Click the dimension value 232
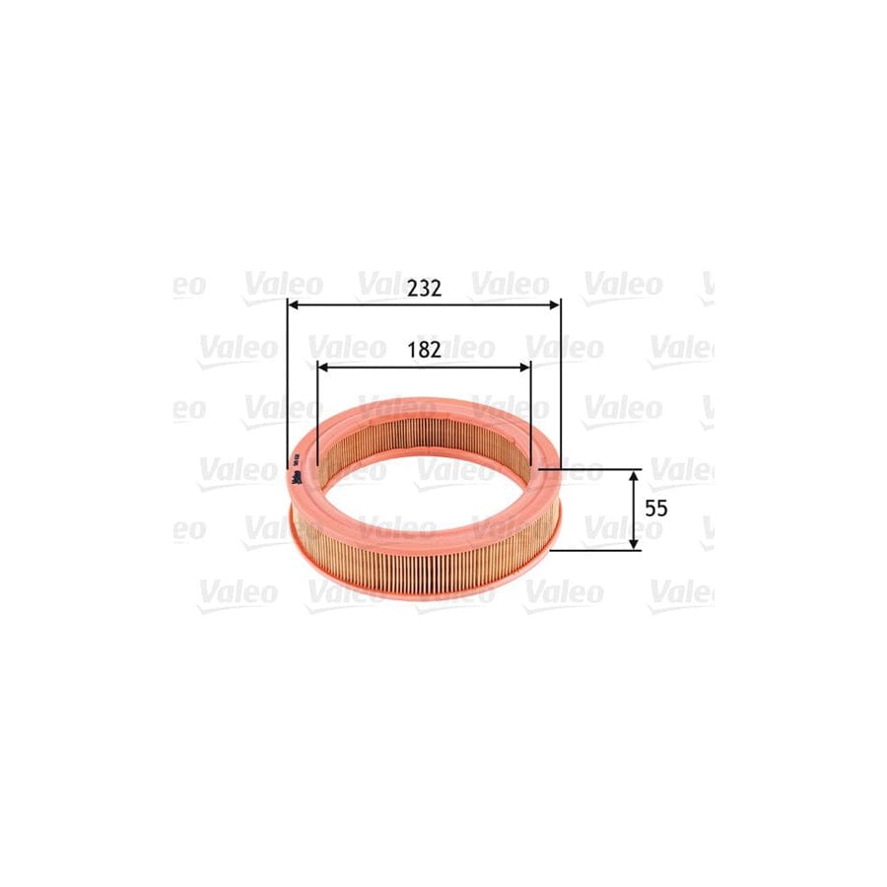(424, 288)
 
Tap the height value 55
(657, 509)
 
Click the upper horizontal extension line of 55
(591, 470)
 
